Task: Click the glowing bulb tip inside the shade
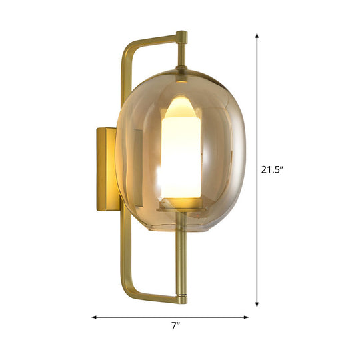click(x=181, y=107)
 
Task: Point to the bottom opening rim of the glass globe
click(x=181, y=230)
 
